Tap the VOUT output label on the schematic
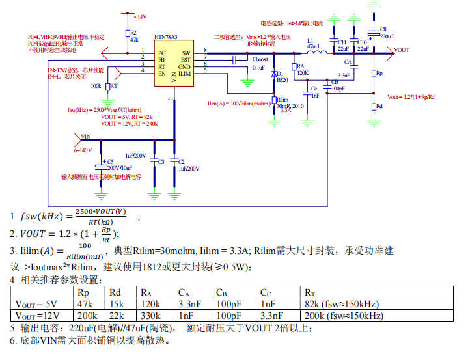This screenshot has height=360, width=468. (x=402, y=50)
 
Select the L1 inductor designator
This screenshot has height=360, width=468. (x=310, y=40)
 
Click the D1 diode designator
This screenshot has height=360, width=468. (x=281, y=74)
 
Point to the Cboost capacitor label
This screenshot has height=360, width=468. (x=260, y=59)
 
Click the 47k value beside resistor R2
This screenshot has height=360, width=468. (x=134, y=40)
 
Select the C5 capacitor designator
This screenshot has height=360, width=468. (x=110, y=161)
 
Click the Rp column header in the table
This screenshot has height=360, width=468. (x=83, y=292)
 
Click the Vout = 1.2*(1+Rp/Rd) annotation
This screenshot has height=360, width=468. (x=411, y=96)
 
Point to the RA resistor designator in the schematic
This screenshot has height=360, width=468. (x=300, y=66)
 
